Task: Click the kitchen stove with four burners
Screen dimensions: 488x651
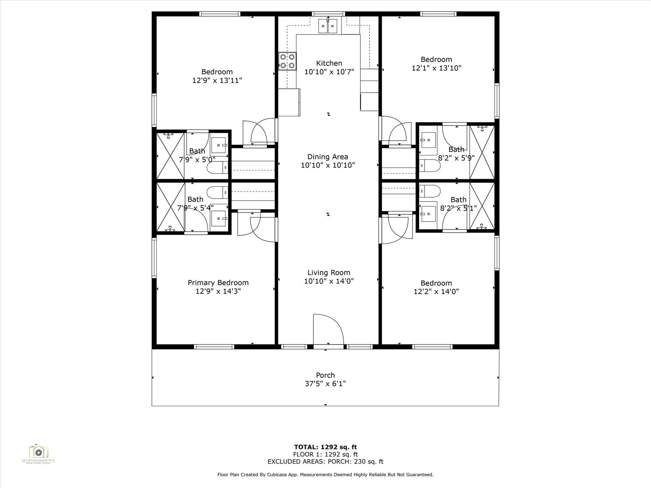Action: (x=287, y=61)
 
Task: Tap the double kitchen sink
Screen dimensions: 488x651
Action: (x=328, y=26)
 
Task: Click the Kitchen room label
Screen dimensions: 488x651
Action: (x=329, y=63)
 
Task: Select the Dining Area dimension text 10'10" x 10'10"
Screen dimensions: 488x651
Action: (x=328, y=165)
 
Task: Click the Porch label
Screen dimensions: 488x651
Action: (x=325, y=375)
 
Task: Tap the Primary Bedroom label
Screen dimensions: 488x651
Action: (x=218, y=283)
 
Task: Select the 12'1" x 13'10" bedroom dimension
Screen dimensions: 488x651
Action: (x=436, y=68)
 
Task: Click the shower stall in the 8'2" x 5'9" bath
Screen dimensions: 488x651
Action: (x=482, y=152)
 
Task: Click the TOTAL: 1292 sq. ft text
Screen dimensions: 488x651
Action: (x=325, y=447)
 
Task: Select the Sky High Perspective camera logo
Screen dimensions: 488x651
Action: (x=38, y=452)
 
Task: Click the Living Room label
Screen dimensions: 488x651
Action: (x=329, y=273)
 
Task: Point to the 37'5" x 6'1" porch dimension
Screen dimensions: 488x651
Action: (x=325, y=384)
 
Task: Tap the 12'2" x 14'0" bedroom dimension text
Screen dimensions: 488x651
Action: (x=436, y=292)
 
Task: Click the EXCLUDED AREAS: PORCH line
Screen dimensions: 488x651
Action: (x=325, y=462)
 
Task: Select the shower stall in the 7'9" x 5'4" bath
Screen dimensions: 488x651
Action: (x=171, y=207)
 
